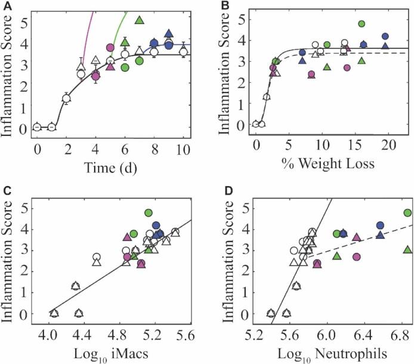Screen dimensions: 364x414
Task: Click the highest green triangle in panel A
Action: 140,21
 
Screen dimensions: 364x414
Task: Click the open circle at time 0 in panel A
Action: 37,127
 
